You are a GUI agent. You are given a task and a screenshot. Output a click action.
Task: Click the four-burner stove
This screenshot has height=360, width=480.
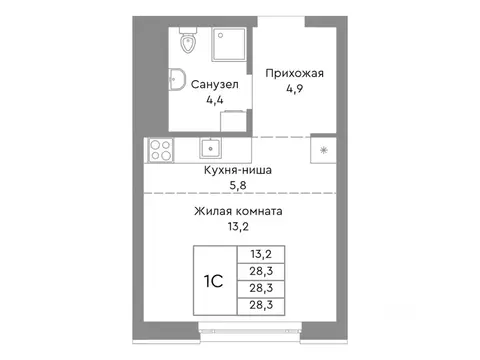[159, 150]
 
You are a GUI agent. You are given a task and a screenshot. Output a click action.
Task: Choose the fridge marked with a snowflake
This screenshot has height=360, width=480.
[323, 150]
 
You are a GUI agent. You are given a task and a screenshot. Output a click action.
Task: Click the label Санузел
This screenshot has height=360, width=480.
[213, 85]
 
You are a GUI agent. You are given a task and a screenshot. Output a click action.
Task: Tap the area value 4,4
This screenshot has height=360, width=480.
[213, 100]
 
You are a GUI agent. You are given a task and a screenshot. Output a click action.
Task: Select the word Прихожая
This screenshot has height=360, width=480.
[294, 72]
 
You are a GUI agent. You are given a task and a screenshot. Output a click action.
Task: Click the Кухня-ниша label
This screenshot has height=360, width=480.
[238, 170]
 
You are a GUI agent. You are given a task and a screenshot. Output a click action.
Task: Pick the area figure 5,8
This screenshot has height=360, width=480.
[238, 185]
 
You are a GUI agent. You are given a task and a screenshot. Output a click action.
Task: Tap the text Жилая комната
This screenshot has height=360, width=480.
[238, 212]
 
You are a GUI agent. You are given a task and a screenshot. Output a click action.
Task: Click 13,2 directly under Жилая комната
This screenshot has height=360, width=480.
[238, 227]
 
